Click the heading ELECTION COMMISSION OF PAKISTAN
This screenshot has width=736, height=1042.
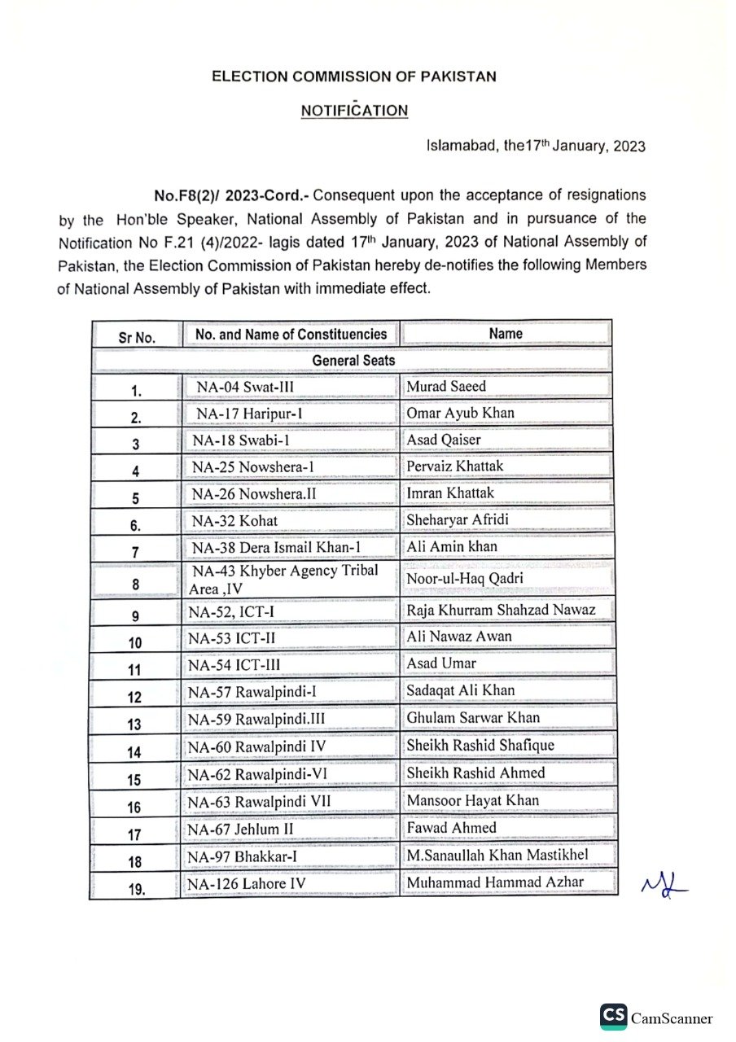(353, 77)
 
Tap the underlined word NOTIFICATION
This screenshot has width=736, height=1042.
(354, 110)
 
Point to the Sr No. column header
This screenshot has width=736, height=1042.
(136, 336)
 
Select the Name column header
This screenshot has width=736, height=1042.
(506, 334)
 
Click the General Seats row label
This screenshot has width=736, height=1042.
(353, 360)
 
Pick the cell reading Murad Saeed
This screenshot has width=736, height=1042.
(446, 386)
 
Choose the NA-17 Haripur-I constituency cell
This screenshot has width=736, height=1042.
(250, 414)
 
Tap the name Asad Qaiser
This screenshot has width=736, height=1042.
(444, 440)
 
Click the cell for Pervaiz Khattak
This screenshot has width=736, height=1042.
(455, 466)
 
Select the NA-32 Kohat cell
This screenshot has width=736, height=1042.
(234, 520)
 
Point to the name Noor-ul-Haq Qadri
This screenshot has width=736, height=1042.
(465, 579)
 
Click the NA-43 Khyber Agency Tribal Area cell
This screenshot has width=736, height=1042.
(285, 579)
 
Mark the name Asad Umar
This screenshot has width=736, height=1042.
(441, 663)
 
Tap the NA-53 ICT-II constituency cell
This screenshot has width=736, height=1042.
(234, 637)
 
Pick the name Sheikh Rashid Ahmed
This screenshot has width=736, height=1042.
(475, 773)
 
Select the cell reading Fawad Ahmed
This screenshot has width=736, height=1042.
(451, 827)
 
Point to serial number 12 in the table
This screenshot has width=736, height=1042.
(134, 697)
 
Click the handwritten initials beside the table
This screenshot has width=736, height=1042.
(664, 882)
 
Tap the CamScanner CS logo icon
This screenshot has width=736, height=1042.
(614, 1017)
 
